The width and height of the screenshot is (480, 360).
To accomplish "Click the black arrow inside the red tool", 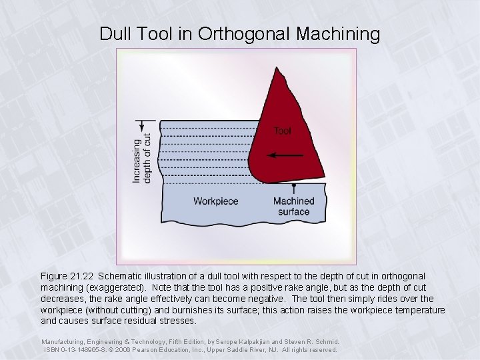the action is tap(283, 156).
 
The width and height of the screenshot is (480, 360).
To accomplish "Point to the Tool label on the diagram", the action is tap(282, 131).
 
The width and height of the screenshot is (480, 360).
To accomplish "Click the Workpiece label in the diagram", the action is tap(215, 201).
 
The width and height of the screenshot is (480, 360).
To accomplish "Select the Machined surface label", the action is tap(293, 207).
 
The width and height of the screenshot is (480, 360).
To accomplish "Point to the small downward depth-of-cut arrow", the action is tap(141, 127).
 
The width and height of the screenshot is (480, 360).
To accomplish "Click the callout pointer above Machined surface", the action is tap(293, 187).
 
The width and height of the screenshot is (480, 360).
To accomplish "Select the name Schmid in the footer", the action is tap(325, 341).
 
